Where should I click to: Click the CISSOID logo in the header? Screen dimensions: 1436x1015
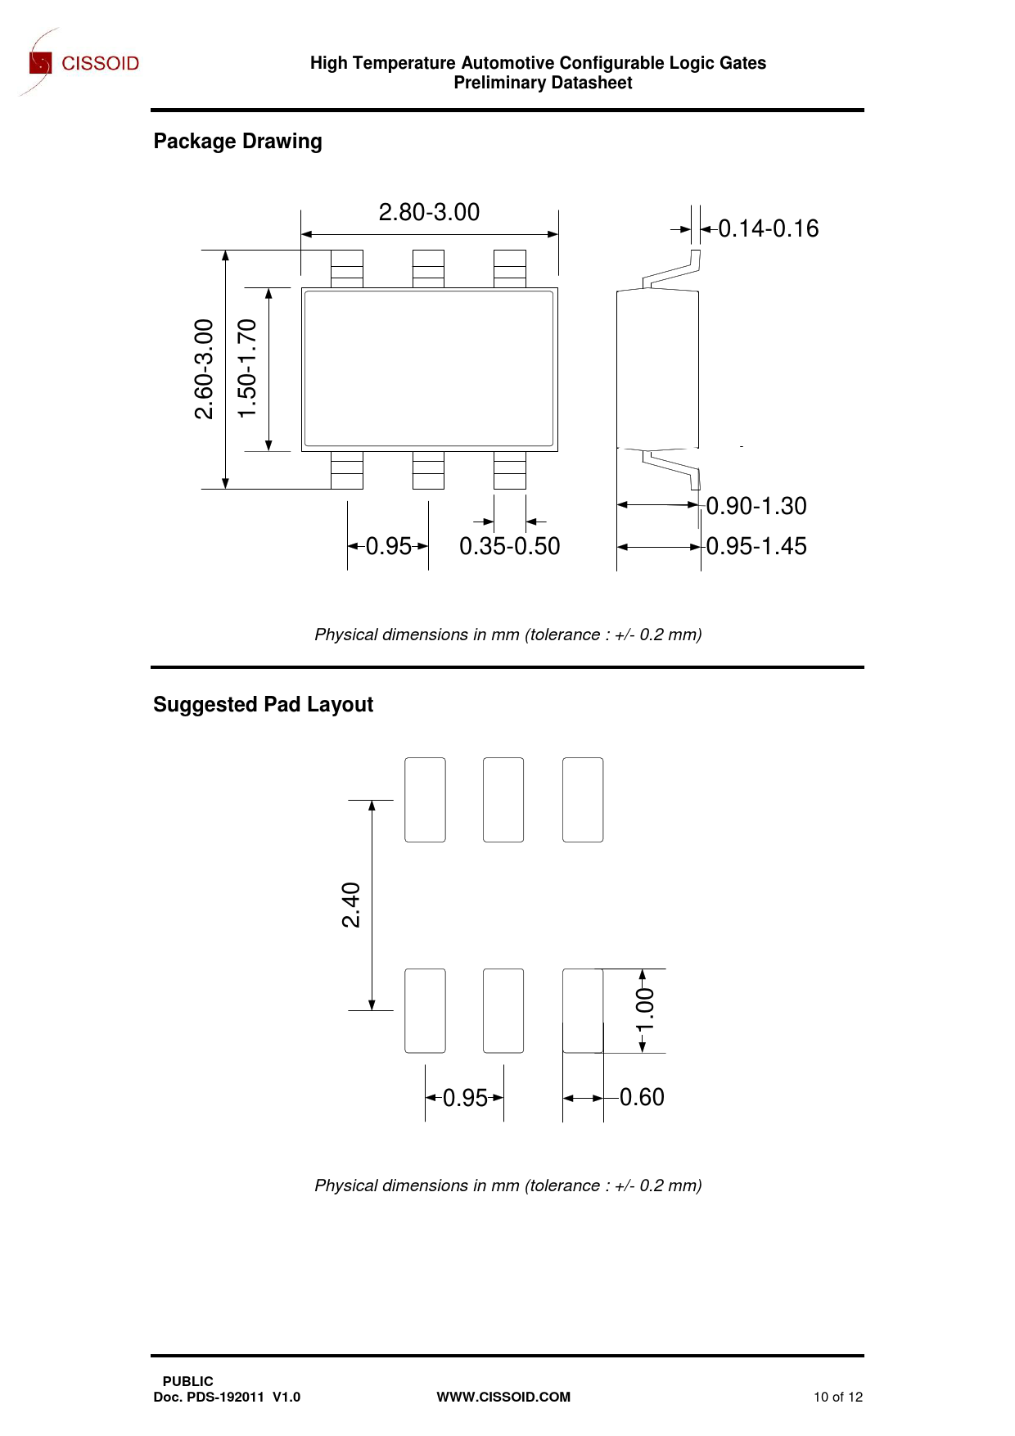click(x=83, y=63)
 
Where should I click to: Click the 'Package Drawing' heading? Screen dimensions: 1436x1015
click(x=237, y=142)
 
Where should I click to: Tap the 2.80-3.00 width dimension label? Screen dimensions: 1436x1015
click(x=429, y=213)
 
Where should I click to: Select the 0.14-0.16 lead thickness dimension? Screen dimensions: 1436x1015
click(x=768, y=229)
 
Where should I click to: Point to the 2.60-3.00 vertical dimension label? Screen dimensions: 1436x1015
click(x=204, y=369)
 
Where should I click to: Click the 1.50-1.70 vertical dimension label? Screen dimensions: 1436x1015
click(x=247, y=369)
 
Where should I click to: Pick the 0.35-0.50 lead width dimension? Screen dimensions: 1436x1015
click(x=509, y=546)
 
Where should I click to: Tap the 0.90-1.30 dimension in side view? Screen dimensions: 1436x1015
click(x=756, y=506)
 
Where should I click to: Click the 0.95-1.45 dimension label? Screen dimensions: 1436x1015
click(x=756, y=546)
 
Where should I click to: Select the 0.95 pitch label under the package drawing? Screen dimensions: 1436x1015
click(x=388, y=546)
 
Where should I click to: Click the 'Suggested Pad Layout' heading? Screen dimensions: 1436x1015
click(x=263, y=705)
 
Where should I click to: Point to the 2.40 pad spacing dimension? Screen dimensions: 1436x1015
click(x=351, y=905)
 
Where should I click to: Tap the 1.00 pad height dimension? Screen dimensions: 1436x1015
click(x=646, y=1010)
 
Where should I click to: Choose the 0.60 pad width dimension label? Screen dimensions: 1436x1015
click(x=642, y=1097)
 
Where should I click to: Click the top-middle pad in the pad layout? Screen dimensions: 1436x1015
click(x=503, y=800)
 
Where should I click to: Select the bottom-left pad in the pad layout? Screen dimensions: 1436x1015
click(x=425, y=1011)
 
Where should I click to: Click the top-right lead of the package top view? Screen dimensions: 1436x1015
click(x=510, y=269)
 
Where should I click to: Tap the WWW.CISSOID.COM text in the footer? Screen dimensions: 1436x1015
click(x=503, y=1397)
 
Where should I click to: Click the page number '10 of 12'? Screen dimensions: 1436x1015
click(x=837, y=1397)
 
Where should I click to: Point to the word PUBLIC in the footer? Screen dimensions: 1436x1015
click(x=187, y=1381)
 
